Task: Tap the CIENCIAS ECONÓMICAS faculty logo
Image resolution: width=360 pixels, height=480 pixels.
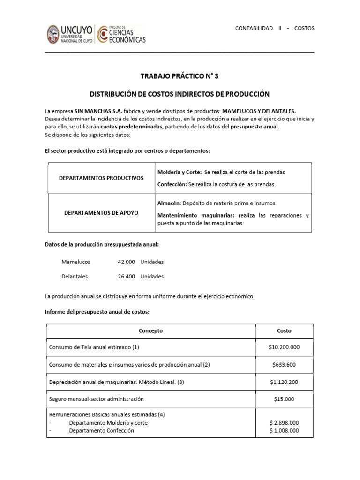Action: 121,35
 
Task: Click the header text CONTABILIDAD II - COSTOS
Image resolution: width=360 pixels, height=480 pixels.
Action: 274,28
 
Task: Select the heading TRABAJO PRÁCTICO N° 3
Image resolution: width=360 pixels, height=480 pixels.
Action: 180,76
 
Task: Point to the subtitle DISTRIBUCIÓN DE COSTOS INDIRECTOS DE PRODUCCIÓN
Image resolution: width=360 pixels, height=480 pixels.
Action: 180,94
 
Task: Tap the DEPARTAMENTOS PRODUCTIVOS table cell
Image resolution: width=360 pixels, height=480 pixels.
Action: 101,178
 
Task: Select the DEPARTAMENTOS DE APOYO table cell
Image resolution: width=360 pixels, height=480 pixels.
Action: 101,213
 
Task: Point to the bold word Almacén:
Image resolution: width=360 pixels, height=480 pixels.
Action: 168,203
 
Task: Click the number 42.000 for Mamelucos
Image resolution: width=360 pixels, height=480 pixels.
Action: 127,262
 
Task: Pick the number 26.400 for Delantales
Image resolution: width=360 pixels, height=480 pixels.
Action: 127,276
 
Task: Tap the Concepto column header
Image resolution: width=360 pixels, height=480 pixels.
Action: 150,330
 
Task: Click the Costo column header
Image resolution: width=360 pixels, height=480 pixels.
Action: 284,330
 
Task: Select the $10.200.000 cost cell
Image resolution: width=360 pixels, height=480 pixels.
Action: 284,347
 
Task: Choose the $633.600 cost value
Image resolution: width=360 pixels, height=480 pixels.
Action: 284,365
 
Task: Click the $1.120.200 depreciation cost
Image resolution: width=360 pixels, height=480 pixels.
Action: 284,382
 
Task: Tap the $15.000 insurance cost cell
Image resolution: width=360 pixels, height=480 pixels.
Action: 284,399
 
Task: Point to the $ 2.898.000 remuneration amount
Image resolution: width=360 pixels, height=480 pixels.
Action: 284,422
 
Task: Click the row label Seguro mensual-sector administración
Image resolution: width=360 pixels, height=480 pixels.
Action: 96,399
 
